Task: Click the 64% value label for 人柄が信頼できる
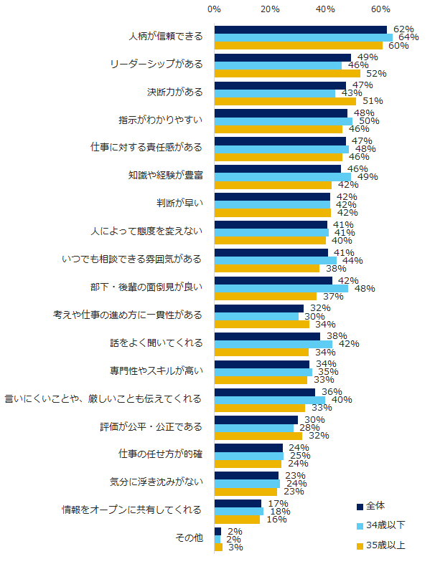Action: point(408,37)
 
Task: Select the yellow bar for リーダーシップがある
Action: point(287,73)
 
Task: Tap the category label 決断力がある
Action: point(170,92)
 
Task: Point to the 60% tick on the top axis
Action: point(380,9)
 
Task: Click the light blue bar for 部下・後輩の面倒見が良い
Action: point(281,288)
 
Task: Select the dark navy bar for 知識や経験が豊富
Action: point(277,168)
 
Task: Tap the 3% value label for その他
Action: point(235,548)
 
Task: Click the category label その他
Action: point(188,539)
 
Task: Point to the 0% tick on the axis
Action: point(214,9)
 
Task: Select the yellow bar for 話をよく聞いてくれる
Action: point(261,352)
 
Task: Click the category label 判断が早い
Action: point(182,203)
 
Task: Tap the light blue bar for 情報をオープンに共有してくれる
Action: point(238,511)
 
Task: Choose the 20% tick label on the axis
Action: point(270,9)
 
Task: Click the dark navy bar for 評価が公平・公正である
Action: point(256,420)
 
